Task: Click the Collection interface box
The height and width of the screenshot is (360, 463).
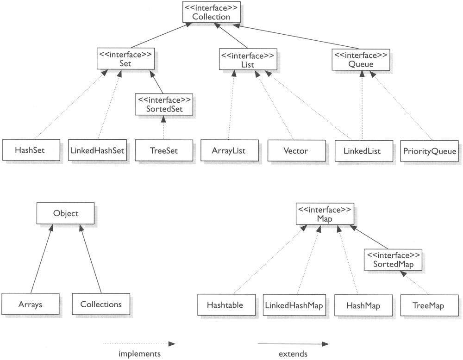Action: click(x=211, y=12)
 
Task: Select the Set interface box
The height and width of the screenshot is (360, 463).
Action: click(x=125, y=59)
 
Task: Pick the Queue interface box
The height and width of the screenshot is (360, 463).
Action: click(x=360, y=59)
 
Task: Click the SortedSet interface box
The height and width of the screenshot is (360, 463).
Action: click(x=163, y=105)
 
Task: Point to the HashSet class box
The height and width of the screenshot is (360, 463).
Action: click(x=30, y=150)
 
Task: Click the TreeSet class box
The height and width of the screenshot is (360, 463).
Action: click(x=163, y=150)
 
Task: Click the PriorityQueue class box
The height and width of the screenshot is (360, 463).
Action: click(x=430, y=150)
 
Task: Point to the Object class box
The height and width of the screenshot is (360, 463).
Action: click(x=66, y=214)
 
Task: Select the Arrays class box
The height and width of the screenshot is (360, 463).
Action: click(x=30, y=304)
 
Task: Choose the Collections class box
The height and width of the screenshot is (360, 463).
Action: click(x=101, y=304)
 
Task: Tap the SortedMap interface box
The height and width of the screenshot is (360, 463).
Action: click(x=393, y=260)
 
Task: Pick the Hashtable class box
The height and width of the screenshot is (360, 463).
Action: click(x=225, y=305)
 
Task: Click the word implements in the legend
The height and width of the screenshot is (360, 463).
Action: click(x=139, y=354)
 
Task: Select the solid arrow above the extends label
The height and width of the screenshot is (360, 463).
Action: click(x=293, y=344)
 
